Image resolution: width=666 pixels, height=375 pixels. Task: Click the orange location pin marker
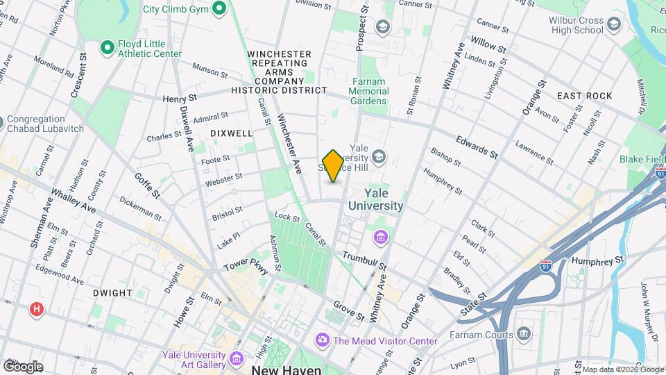coord(333,165)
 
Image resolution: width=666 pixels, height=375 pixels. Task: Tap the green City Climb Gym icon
coord(219,9)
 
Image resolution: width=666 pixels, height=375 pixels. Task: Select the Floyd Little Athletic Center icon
coord(107,47)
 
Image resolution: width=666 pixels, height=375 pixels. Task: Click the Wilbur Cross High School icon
coord(613,26)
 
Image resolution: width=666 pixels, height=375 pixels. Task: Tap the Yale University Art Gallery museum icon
coord(236,359)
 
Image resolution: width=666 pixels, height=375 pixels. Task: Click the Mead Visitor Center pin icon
coord(322,340)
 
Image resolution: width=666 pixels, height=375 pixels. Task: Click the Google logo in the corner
coord(22,366)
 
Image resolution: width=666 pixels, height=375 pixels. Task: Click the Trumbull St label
coord(363,262)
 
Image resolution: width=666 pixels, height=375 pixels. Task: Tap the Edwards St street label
coord(477,145)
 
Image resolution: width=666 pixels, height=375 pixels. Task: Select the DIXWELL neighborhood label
coord(231,133)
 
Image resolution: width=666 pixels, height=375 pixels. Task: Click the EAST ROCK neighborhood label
coord(584,96)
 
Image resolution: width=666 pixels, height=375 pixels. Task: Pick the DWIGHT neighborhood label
coord(111,293)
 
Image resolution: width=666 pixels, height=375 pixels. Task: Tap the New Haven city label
coord(280,369)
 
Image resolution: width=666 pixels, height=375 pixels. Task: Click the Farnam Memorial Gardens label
coord(368,91)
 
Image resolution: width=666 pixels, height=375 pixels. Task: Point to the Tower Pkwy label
coord(246,266)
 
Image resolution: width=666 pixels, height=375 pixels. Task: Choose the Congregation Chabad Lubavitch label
coord(46,124)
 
